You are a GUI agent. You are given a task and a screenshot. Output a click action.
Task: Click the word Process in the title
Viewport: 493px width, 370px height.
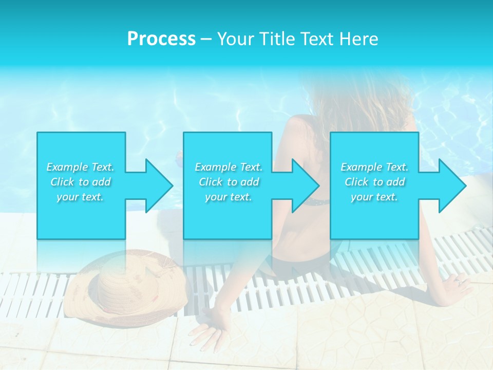click(x=161, y=39)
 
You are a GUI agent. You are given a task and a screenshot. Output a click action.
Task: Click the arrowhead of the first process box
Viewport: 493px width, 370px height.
click(x=160, y=186)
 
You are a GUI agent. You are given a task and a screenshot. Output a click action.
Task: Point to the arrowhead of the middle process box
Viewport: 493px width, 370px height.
click(x=306, y=186)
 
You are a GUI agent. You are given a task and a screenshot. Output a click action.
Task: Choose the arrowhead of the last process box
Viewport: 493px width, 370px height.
click(x=452, y=186)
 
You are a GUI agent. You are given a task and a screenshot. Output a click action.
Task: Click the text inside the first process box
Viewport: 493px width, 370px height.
click(x=81, y=182)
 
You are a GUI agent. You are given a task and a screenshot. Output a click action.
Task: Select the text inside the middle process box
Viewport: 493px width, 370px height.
click(x=229, y=182)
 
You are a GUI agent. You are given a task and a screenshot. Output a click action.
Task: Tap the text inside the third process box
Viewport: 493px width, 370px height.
click(x=374, y=182)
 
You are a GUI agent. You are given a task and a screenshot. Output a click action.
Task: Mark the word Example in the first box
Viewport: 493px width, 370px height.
click(x=67, y=167)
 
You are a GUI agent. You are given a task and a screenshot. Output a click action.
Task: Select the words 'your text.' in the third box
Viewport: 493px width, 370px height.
click(x=374, y=197)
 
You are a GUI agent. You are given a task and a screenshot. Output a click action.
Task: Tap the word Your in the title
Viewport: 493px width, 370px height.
click(x=235, y=39)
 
